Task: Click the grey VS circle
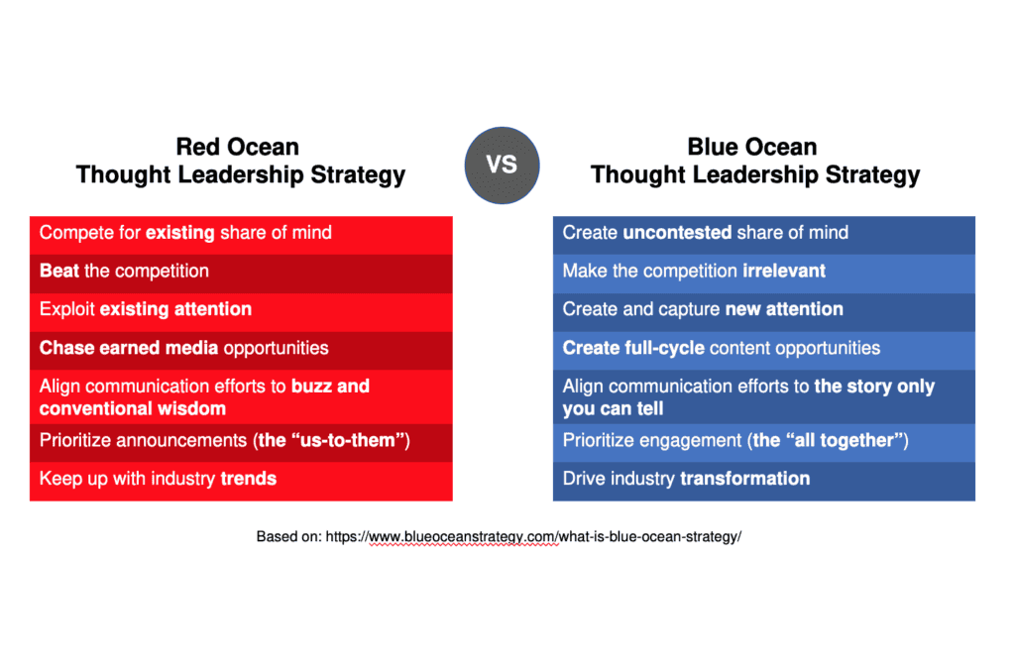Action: pyautogui.click(x=502, y=166)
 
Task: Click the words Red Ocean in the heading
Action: pyautogui.click(x=238, y=147)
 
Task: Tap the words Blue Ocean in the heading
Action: pyautogui.click(x=752, y=147)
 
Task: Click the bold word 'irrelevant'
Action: pyautogui.click(x=784, y=271)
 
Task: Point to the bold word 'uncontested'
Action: pyautogui.click(x=677, y=232)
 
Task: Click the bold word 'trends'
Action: pyautogui.click(x=249, y=479)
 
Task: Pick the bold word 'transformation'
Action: pyautogui.click(x=745, y=479)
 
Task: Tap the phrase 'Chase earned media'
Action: pyautogui.click(x=129, y=348)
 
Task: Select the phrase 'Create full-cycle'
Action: pyautogui.click(x=633, y=348)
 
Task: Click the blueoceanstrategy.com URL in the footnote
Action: pyautogui.click(x=533, y=536)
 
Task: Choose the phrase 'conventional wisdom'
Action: pyautogui.click(x=133, y=408)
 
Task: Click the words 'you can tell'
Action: pyautogui.click(x=613, y=408)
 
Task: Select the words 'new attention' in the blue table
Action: pyautogui.click(x=785, y=309)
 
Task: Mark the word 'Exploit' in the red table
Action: pyautogui.click(x=67, y=309)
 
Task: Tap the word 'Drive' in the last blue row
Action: pyautogui.click(x=584, y=479)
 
